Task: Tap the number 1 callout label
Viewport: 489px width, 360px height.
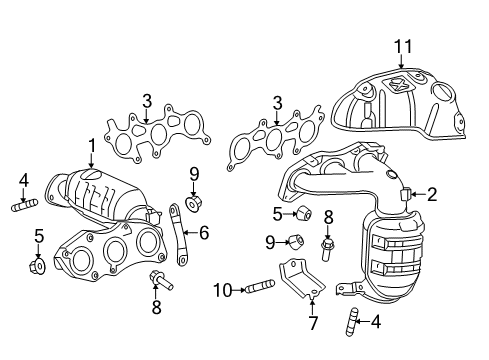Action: click(x=91, y=146)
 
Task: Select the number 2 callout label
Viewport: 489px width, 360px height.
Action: click(x=431, y=195)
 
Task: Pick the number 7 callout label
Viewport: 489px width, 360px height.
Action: click(x=312, y=322)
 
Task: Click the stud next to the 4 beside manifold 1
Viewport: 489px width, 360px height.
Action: click(x=23, y=207)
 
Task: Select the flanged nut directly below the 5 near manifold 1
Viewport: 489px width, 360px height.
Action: click(x=37, y=267)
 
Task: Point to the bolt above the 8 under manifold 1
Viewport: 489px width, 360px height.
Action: click(x=156, y=277)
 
